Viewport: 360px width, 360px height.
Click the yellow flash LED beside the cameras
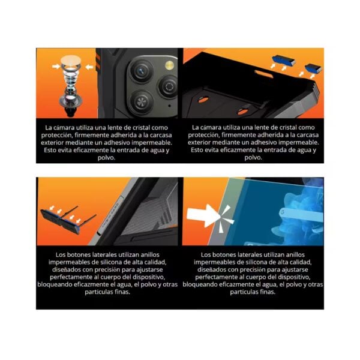tap(169, 65)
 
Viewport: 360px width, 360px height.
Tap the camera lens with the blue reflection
tap(141, 70)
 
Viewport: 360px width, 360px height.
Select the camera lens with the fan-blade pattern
tap(141, 101)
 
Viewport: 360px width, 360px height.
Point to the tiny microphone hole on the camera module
tap(169, 106)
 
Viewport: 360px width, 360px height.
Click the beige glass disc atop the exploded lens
tap(71, 61)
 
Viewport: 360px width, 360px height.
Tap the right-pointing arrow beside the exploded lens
tap(56, 67)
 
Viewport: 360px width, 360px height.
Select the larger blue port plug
tap(284, 61)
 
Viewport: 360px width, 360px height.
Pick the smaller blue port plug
tap(313, 68)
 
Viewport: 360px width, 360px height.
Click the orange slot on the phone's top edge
tap(263, 74)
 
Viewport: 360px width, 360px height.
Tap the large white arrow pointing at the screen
tap(203, 215)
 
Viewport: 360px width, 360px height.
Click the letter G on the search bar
tap(282, 212)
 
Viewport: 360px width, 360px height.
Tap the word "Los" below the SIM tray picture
tap(61, 254)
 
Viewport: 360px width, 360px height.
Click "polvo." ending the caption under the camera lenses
tap(107, 158)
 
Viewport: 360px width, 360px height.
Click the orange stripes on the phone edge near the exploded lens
tap(98, 62)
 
